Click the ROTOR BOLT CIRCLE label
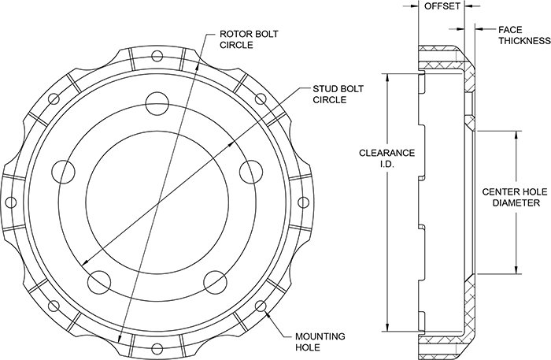(x=249, y=39)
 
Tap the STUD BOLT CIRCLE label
(x=338, y=95)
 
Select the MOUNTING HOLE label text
(x=320, y=342)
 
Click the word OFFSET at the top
(x=442, y=6)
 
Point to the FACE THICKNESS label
(x=524, y=35)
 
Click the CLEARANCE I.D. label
(x=387, y=158)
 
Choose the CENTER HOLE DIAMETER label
(x=515, y=197)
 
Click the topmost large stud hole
(x=157, y=103)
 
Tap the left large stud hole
(x=63, y=172)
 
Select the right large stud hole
(x=251, y=172)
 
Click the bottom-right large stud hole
(x=215, y=282)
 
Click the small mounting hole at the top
(x=157, y=56)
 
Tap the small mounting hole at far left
(x=11, y=202)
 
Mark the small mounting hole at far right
(x=303, y=202)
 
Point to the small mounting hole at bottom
(x=157, y=348)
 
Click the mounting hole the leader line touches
(x=261, y=306)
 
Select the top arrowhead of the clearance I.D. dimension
(x=387, y=77)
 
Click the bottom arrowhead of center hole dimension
(x=516, y=269)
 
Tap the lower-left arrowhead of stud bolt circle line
(x=85, y=262)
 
